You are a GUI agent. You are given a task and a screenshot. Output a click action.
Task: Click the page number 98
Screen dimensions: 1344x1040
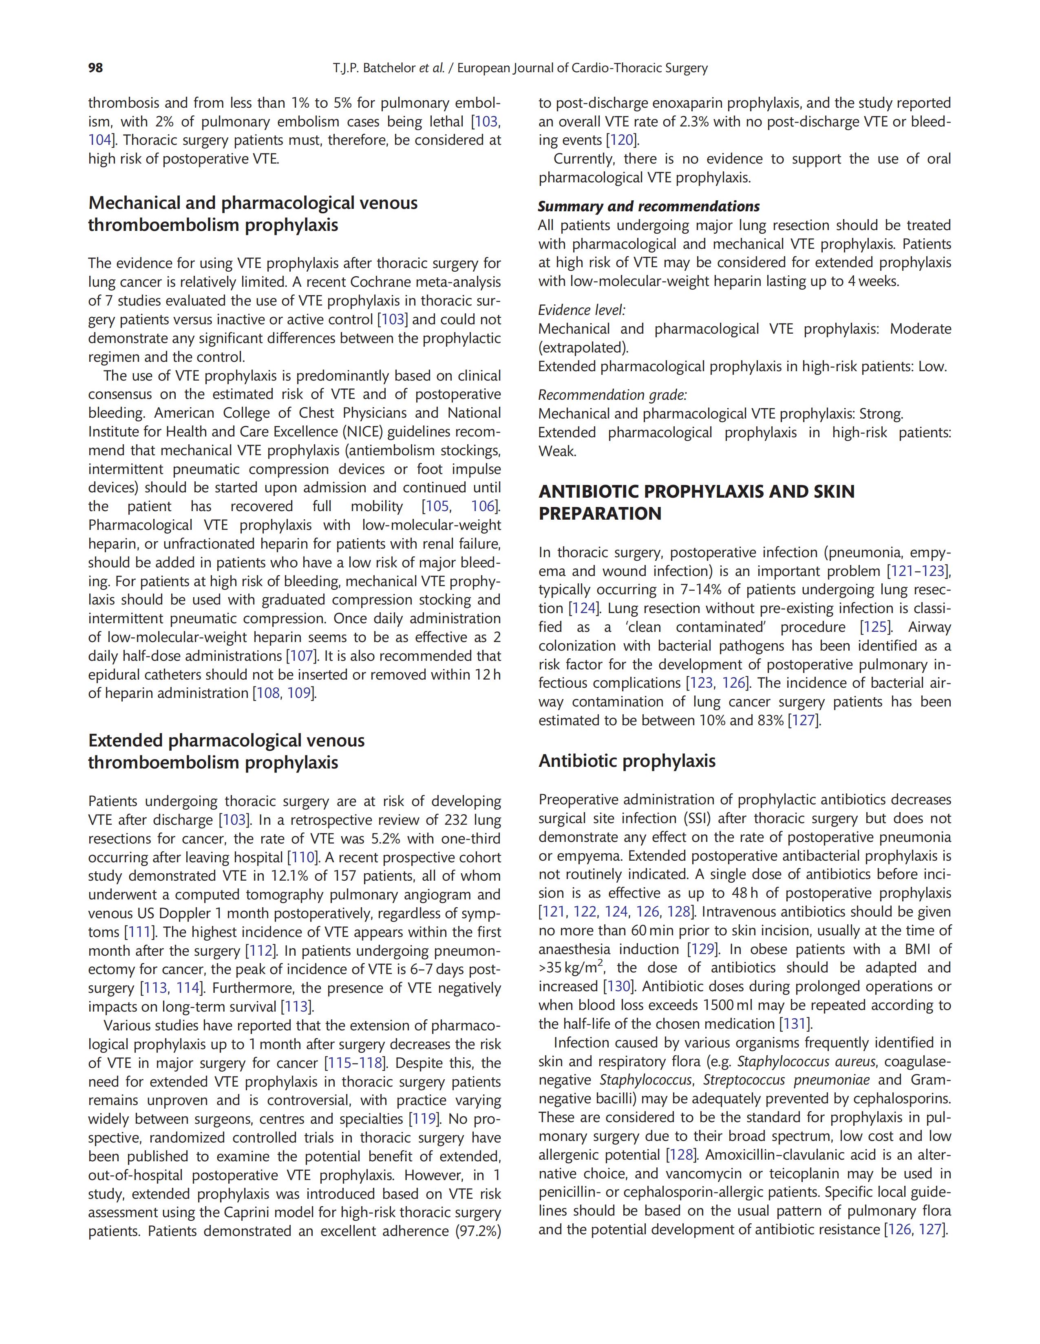pos(95,68)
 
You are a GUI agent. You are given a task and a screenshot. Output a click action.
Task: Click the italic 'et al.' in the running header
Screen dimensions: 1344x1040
pos(431,68)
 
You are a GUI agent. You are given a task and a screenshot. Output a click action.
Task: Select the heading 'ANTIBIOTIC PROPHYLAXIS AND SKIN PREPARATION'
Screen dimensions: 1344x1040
pos(696,502)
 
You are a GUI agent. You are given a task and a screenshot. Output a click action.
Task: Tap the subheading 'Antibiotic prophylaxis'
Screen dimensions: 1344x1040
pos(627,761)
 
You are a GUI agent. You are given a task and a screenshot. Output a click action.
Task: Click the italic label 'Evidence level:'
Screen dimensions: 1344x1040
pos(581,310)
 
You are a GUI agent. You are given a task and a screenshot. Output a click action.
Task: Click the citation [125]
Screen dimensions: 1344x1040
pos(876,627)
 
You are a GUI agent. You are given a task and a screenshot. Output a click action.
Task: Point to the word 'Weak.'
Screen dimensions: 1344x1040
pos(557,451)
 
